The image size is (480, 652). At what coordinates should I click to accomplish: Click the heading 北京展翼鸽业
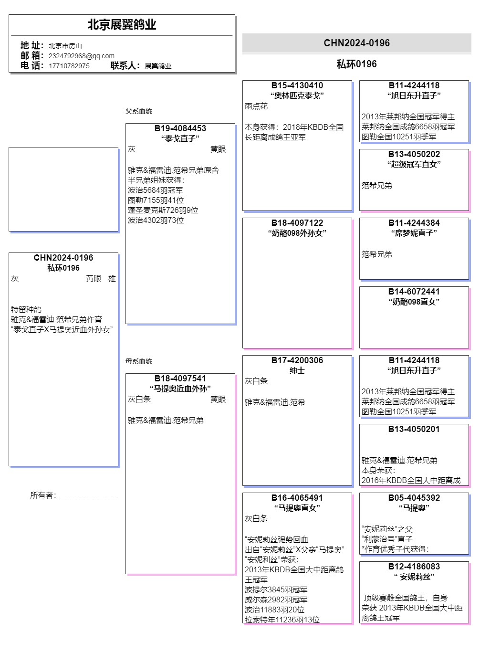(122, 25)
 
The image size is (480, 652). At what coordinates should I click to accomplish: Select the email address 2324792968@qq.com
(81, 56)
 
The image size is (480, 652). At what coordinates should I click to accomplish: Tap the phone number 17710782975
(69, 66)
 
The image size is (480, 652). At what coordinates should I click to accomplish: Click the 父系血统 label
(139, 111)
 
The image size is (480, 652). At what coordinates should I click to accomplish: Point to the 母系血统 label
(139, 361)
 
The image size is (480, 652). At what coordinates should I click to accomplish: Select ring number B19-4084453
(180, 128)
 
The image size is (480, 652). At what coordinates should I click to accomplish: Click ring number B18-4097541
(180, 379)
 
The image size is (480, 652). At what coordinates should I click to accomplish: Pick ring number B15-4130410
(297, 85)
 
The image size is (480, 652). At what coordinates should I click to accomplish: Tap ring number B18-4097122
(297, 223)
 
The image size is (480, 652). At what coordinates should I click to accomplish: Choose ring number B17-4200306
(297, 360)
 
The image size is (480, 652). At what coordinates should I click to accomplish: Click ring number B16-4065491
(297, 498)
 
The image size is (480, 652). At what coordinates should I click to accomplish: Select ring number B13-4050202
(414, 154)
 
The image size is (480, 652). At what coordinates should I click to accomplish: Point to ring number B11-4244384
(414, 223)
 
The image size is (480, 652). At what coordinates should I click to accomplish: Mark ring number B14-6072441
(414, 292)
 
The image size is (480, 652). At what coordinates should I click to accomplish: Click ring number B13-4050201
(414, 429)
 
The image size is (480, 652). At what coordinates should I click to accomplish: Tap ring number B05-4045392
(414, 498)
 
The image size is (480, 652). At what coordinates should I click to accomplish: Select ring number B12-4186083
(414, 567)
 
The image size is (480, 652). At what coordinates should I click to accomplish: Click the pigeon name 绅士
(297, 371)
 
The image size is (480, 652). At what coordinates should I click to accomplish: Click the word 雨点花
(256, 106)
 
